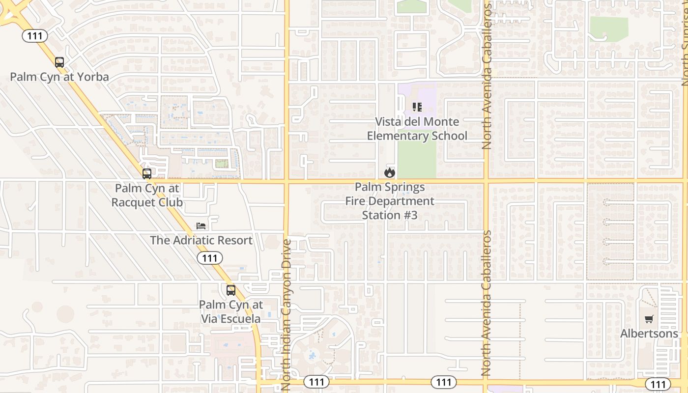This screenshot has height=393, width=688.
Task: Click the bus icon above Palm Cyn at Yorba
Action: pos(59,62)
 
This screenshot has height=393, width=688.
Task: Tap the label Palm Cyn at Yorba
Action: pos(59,77)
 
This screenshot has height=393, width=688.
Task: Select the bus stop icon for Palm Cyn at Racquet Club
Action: pos(146,173)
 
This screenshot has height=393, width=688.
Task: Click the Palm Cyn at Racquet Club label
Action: pos(147,195)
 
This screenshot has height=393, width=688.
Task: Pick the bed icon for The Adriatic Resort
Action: pos(201,225)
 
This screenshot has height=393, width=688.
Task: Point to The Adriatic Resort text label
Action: pos(201,240)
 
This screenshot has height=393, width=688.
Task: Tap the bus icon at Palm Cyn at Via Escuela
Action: pos(231,290)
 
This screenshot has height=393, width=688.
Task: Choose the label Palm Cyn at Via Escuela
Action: pos(230,311)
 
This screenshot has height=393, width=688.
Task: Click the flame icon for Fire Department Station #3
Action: pos(390,172)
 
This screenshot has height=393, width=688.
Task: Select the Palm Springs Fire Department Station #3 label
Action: pos(390,201)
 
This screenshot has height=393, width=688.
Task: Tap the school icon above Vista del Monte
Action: pos(417,107)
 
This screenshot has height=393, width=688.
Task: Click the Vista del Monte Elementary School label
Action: pos(417,129)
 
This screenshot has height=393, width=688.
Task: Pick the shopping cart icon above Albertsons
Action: pos(649,319)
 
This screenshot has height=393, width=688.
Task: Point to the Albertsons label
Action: pos(649,334)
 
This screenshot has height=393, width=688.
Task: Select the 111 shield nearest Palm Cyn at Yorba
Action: pos(34,35)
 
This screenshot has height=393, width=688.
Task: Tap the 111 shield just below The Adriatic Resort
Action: pos(210,258)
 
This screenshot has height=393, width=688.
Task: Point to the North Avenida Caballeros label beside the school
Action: pos(487,76)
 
